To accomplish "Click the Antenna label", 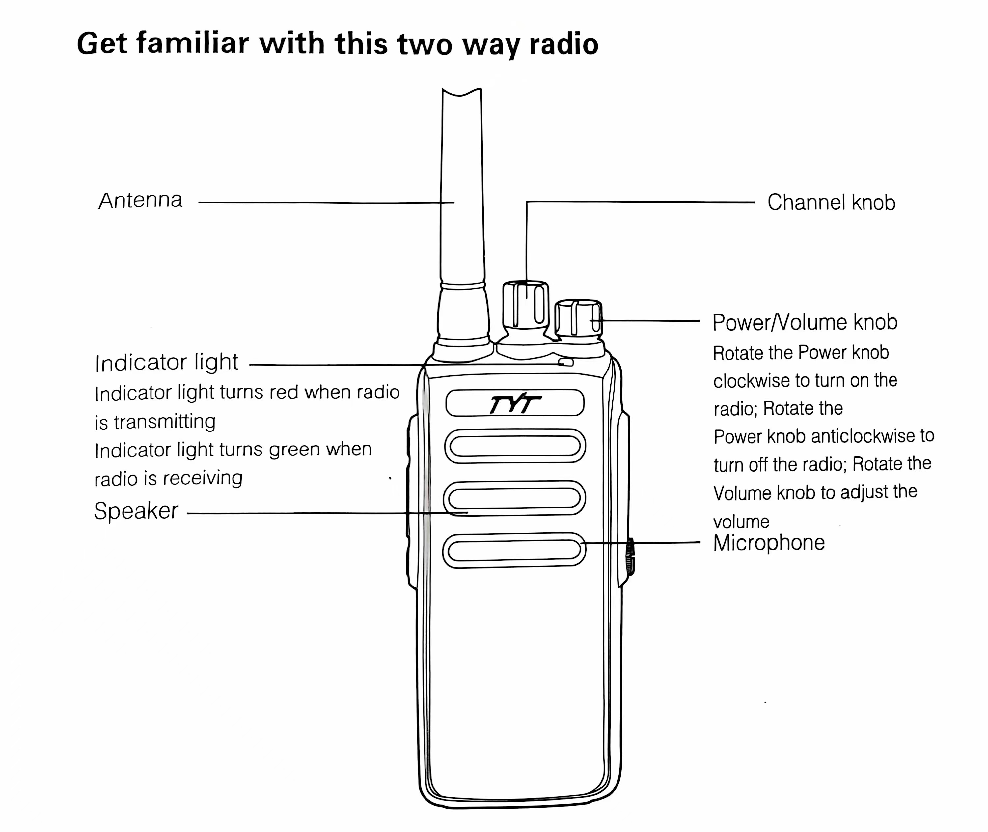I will [x=140, y=200].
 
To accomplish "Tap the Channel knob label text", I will [x=831, y=202].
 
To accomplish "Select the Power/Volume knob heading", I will [x=805, y=323].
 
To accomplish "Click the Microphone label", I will [x=769, y=543].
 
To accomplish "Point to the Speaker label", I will [x=136, y=511].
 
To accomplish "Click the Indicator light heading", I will [x=167, y=363].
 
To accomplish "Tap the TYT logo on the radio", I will [x=515, y=404].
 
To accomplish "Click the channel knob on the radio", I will [x=525, y=304].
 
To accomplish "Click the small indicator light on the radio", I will [x=566, y=362].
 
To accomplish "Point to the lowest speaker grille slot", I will [x=514, y=550].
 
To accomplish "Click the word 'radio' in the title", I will [x=563, y=44].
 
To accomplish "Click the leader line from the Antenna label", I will [x=325, y=203].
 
